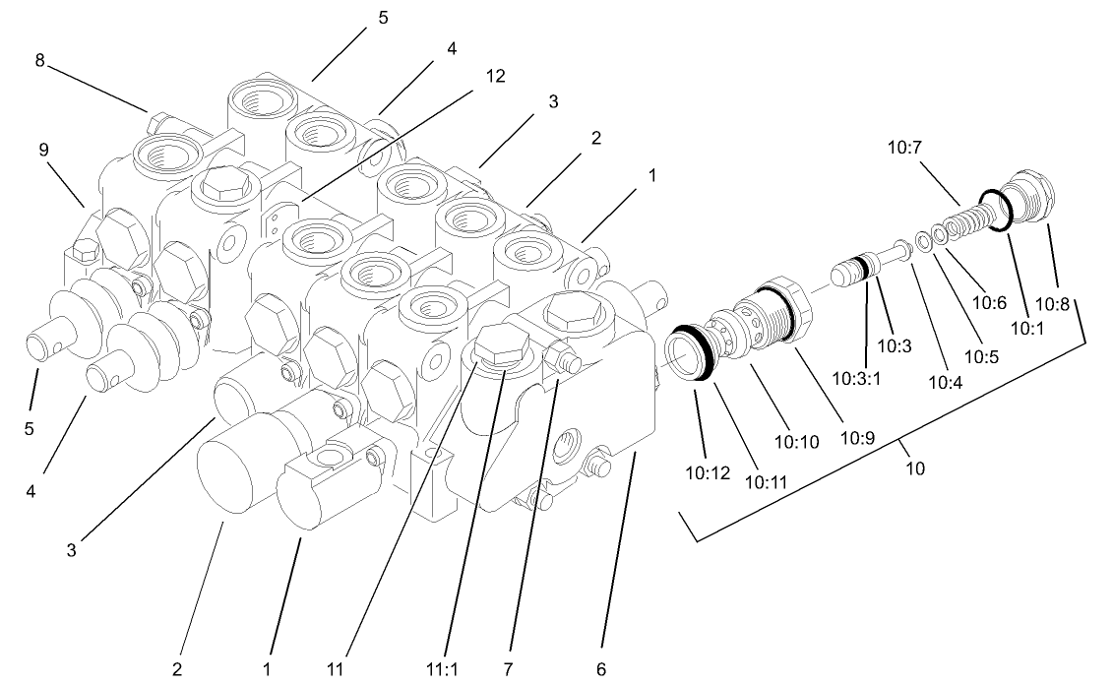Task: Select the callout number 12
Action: [x=496, y=77]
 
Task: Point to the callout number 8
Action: [x=39, y=60]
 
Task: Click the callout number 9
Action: [x=43, y=151]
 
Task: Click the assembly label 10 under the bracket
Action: [x=915, y=469]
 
